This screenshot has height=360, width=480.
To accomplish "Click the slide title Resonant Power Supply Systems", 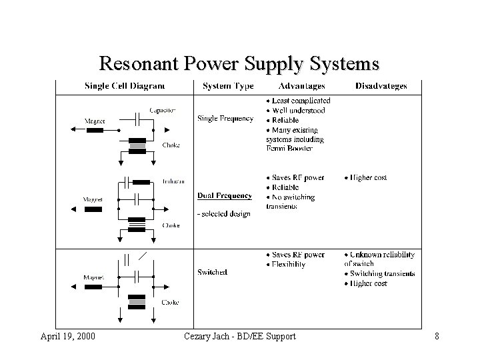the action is click(x=239, y=63).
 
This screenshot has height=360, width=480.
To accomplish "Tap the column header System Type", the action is click(x=228, y=86).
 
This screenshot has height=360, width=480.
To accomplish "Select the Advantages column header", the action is click(x=302, y=86).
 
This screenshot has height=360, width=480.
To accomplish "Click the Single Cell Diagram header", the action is click(x=125, y=86).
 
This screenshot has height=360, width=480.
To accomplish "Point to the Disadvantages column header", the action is click(x=381, y=86).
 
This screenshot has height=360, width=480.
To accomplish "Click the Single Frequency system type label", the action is click(x=225, y=119).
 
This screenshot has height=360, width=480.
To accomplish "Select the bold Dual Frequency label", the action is click(x=225, y=196).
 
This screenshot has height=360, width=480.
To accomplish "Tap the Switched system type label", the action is click(x=213, y=272).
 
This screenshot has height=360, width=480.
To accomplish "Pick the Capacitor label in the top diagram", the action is click(x=163, y=111).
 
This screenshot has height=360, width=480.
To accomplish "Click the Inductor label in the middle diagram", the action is click(x=173, y=181).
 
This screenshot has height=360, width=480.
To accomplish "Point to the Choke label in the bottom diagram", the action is click(x=170, y=303).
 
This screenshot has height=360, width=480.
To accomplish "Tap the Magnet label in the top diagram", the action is click(x=94, y=121).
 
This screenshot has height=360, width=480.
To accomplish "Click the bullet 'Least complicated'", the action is click(x=301, y=101).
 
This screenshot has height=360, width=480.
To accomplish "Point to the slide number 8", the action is click(x=437, y=337).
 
